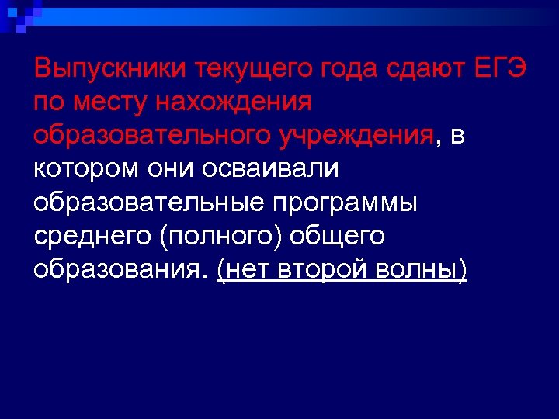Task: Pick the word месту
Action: (103, 102)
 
